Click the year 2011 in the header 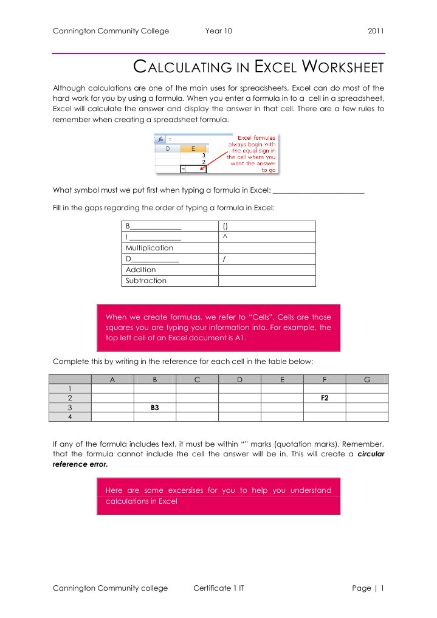click(376, 31)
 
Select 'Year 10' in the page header click(219, 31)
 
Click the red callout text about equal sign click(251, 154)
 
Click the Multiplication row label click(149, 248)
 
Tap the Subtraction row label click(146, 281)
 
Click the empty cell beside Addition click(266, 270)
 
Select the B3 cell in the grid click(155, 407)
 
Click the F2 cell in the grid click(325, 397)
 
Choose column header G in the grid click(366, 379)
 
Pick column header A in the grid click(112, 379)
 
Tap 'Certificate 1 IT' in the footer click(219, 588)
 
